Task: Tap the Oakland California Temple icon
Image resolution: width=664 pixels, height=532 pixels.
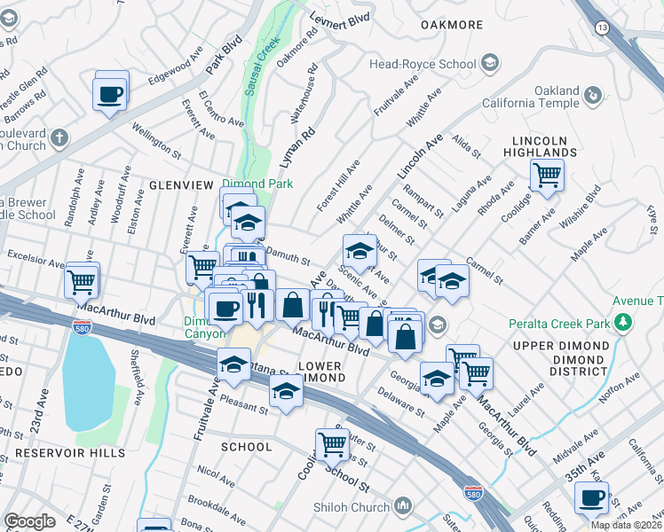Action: tap(593, 93)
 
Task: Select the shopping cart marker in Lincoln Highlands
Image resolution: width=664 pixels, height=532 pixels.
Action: tap(547, 174)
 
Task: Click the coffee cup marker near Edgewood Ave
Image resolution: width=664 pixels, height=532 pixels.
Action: tap(110, 93)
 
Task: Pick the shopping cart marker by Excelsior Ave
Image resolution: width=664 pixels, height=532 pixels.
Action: tap(81, 282)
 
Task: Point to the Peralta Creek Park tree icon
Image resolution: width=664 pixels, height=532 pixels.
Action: tap(624, 322)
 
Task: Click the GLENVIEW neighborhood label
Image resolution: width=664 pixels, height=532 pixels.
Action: tap(181, 184)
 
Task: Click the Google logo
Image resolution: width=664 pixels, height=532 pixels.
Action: tap(28, 521)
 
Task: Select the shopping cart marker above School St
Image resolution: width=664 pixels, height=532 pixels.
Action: tap(332, 442)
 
